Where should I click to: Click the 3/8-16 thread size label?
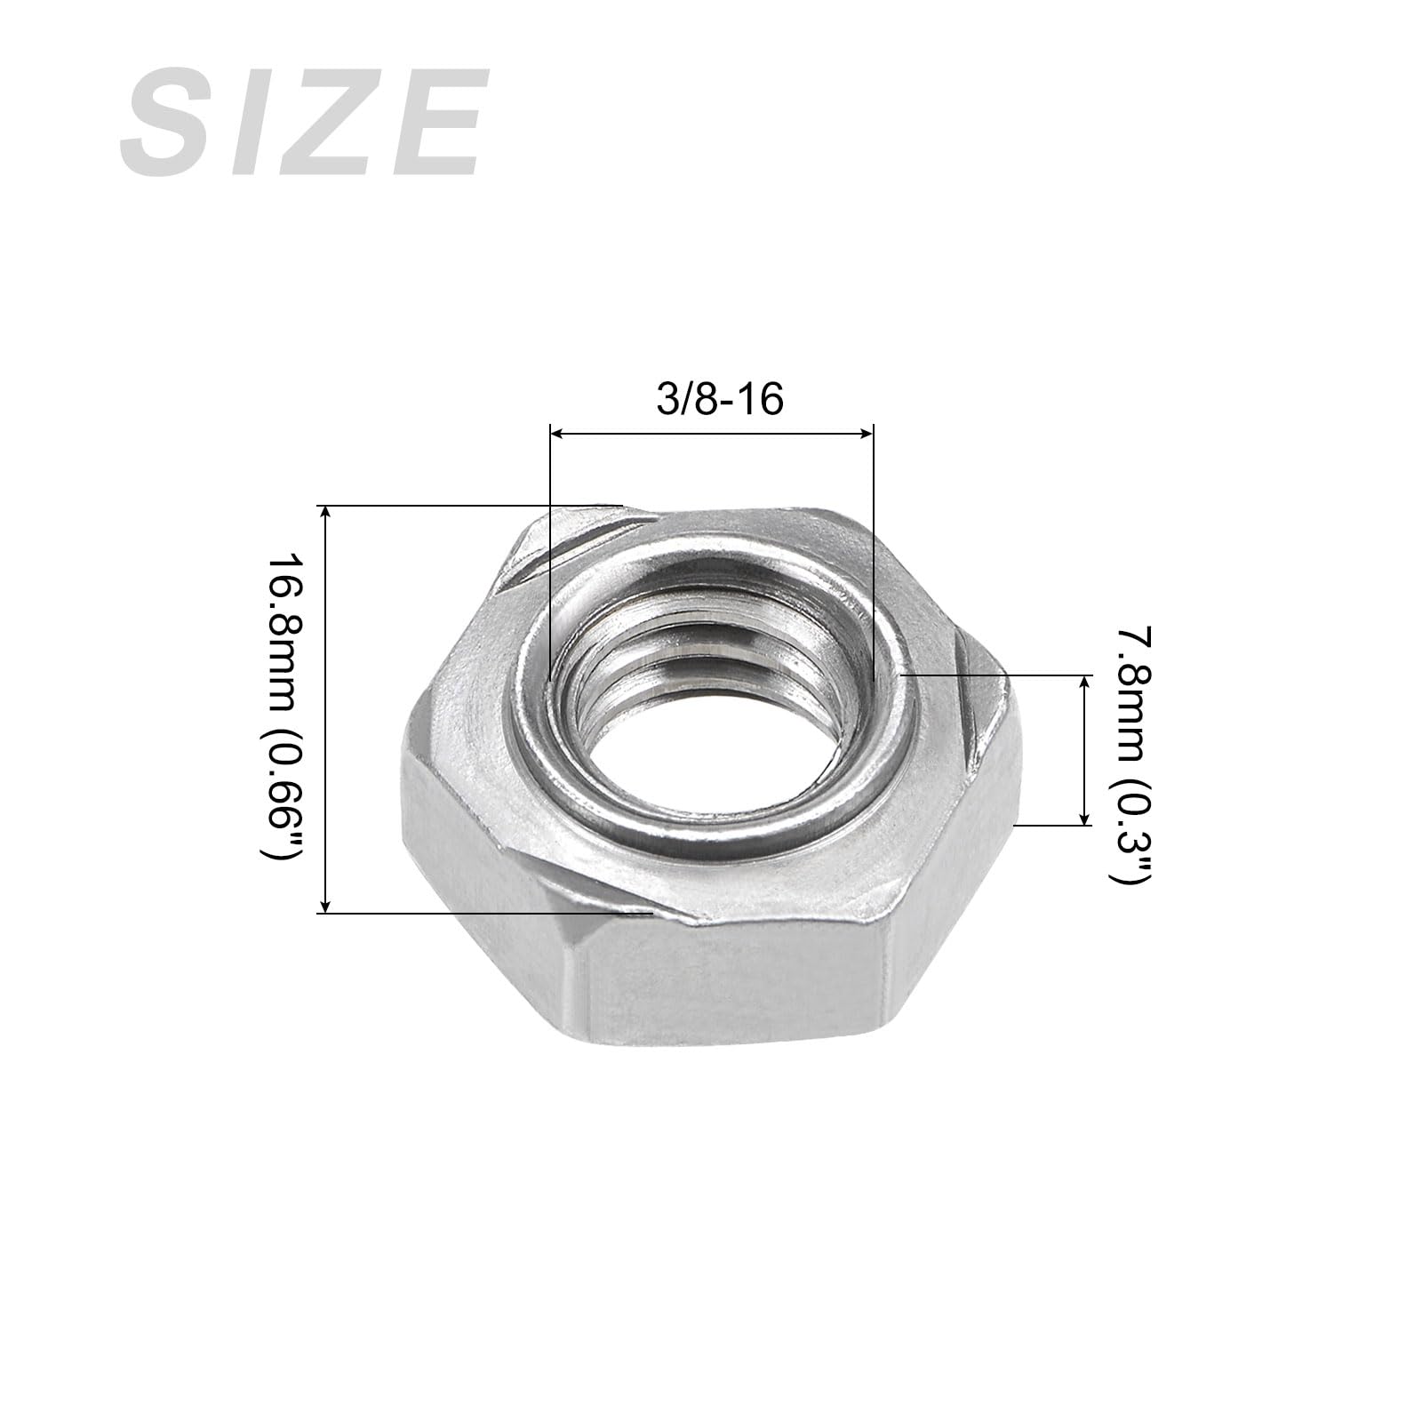click(720, 400)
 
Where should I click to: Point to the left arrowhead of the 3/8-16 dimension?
click(558, 433)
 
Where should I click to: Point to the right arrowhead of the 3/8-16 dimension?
click(866, 433)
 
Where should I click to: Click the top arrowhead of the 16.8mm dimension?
click(326, 514)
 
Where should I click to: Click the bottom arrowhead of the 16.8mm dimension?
click(326, 904)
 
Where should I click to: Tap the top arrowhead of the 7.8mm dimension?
click(1084, 683)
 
